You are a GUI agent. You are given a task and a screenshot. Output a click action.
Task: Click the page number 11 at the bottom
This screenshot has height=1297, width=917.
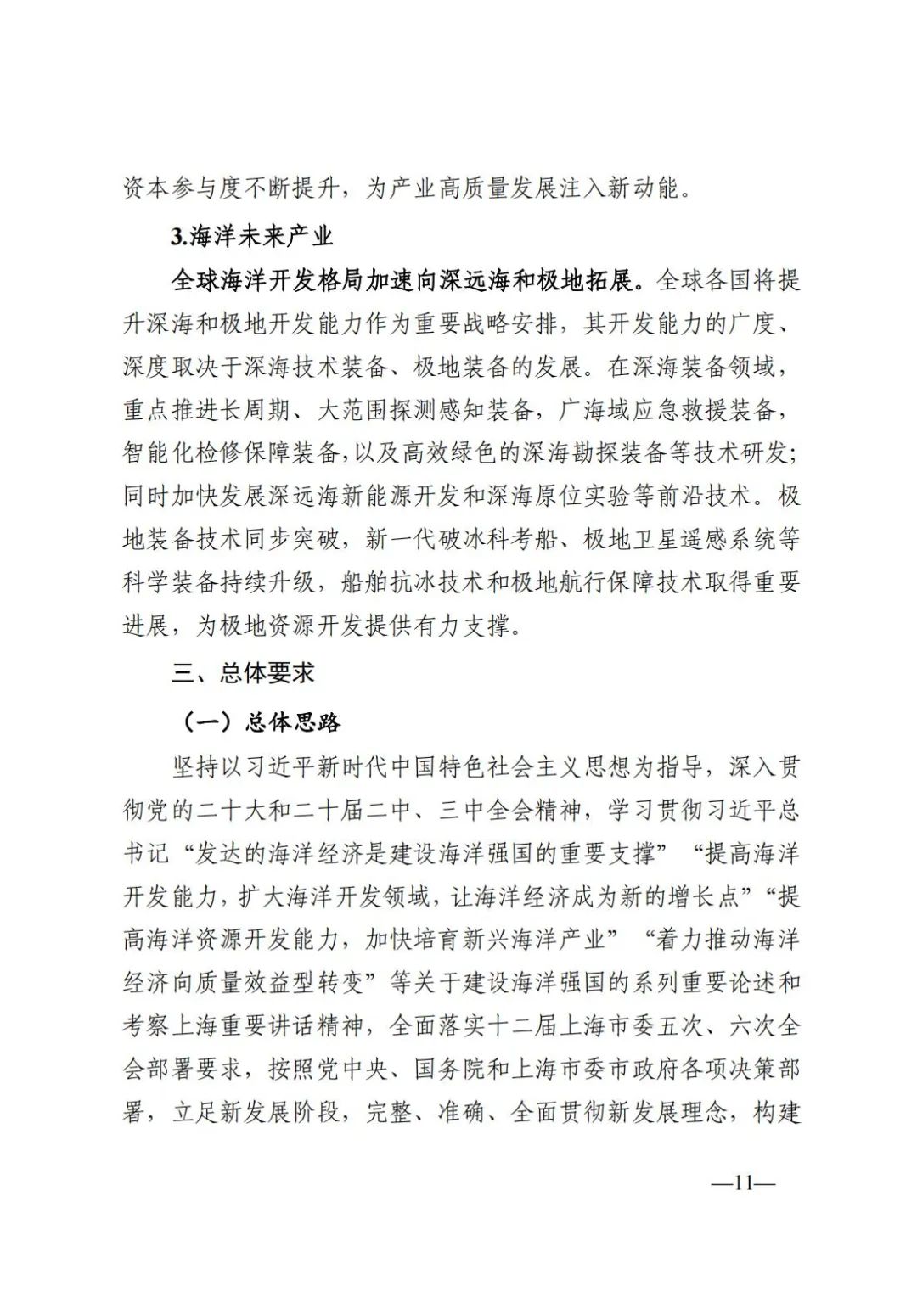tap(745, 1184)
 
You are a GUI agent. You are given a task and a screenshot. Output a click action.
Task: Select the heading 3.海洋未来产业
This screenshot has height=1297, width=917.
tap(252, 237)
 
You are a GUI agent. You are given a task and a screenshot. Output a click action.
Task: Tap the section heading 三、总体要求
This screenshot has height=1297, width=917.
tap(243, 673)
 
